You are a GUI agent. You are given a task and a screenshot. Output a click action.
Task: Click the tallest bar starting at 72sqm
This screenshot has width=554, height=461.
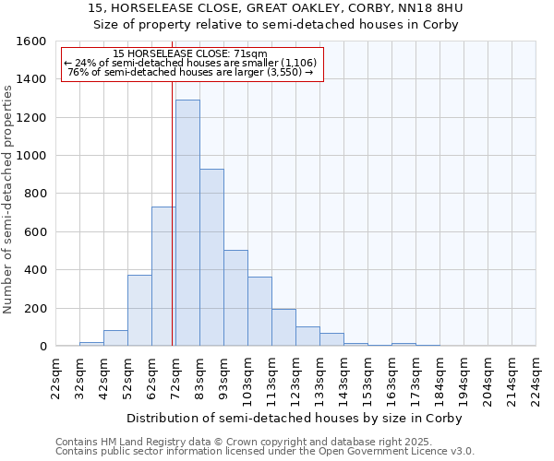pyautogui.click(x=187, y=223)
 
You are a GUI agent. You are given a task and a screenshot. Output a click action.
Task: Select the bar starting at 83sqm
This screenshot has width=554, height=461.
pyautogui.click(x=211, y=258)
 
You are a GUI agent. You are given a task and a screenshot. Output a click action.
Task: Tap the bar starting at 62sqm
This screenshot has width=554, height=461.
pyautogui.click(x=163, y=277)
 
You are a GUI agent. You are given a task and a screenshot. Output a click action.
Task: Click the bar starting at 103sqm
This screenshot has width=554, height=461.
pyautogui.click(x=259, y=312)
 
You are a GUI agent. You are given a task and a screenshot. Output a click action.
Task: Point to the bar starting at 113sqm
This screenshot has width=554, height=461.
pyautogui.click(x=283, y=327)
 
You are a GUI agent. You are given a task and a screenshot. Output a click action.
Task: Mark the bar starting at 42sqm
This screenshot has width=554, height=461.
pyautogui.click(x=115, y=338)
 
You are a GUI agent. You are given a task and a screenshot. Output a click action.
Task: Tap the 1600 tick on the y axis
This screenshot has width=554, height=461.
pyautogui.click(x=32, y=41)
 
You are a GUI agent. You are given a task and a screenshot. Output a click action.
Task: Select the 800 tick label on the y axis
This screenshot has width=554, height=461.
pyautogui.click(x=36, y=194)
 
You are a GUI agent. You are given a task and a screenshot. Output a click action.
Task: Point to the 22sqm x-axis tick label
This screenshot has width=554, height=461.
pyautogui.click(x=55, y=379)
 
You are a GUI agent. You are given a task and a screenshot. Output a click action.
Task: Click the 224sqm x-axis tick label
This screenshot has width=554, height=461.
pyautogui.click(x=536, y=379)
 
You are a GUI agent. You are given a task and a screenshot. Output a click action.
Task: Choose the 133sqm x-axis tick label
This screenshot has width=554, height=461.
pyautogui.click(x=319, y=379)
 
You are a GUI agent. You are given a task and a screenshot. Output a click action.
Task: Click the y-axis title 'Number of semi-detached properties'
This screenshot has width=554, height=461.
pyautogui.click(x=9, y=196)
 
